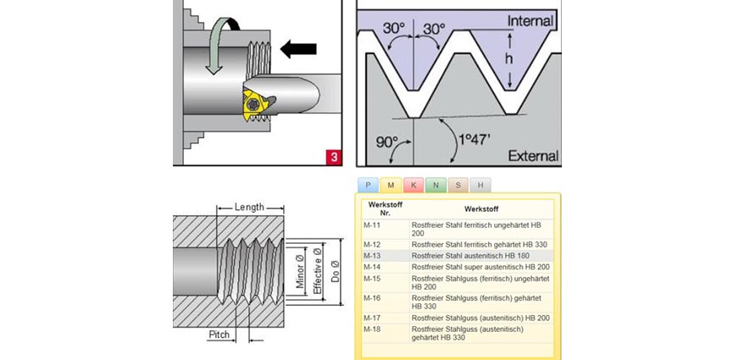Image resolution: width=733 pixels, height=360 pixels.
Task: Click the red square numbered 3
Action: [x=334, y=156]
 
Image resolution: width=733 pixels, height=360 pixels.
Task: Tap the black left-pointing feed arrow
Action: [x=297, y=49]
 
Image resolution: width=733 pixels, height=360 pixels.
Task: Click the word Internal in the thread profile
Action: [x=530, y=20]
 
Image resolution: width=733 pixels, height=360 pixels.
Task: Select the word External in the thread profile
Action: [x=532, y=156]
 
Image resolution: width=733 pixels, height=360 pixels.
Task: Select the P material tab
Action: [x=368, y=185]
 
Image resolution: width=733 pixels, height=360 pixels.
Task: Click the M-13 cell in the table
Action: [x=373, y=255]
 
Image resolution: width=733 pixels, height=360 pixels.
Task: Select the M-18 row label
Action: [x=373, y=328]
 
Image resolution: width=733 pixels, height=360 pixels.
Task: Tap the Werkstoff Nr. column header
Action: [x=381, y=208]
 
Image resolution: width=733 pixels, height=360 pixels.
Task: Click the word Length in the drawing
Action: [x=249, y=206]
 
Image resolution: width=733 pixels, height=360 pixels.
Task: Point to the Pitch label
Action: [x=219, y=335]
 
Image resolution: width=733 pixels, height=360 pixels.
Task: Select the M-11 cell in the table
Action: [x=373, y=225]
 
